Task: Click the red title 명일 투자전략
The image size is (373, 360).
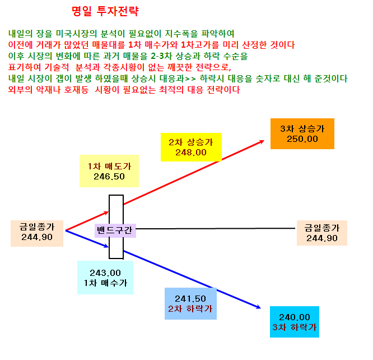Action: tap(105, 11)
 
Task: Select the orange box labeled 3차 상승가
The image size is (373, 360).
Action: tap(302, 133)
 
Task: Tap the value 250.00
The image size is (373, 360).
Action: tap(302, 139)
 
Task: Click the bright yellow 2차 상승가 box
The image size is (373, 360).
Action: tap(191, 147)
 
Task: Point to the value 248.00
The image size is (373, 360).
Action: tap(191, 153)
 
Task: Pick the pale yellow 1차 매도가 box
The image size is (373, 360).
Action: tap(109, 171)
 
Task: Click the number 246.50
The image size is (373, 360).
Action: tap(109, 177)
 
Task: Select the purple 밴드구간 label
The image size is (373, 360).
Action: tap(115, 230)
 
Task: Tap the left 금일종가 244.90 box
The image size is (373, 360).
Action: tap(37, 233)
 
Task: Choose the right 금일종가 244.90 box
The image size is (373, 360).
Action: tap(322, 233)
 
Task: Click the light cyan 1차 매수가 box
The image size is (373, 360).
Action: tap(105, 278)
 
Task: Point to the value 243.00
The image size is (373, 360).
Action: tap(105, 273)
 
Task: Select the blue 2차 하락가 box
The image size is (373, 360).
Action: tap(190, 303)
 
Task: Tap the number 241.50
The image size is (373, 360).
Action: tap(190, 299)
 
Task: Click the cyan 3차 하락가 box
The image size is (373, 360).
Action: tap(295, 322)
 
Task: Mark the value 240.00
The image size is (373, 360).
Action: tap(295, 317)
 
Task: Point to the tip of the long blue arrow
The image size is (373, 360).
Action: tap(261, 308)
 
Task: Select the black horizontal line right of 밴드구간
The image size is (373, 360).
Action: tap(216, 228)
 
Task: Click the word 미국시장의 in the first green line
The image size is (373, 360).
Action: tap(76, 34)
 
